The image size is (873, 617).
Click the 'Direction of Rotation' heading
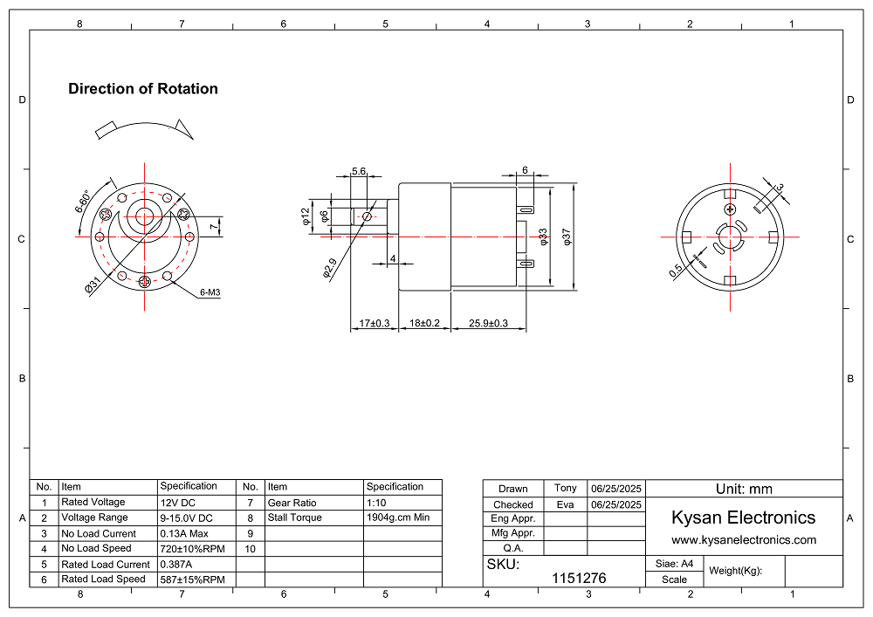point(143,89)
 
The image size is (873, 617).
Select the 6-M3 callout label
point(210,293)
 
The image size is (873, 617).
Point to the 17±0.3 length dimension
point(375,324)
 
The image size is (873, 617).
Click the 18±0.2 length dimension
point(424,324)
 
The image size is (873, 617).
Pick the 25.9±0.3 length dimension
point(488,324)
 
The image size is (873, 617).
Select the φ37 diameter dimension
point(567,236)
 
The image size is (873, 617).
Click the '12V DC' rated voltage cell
point(178,503)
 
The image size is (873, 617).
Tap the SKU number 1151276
point(579,578)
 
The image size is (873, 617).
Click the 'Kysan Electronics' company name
point(743,518)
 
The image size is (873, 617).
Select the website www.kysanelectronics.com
point(743,539)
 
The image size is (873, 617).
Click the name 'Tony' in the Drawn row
point(566,488)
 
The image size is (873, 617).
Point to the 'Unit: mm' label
point(744,489)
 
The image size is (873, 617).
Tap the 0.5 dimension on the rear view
point(676,271)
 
